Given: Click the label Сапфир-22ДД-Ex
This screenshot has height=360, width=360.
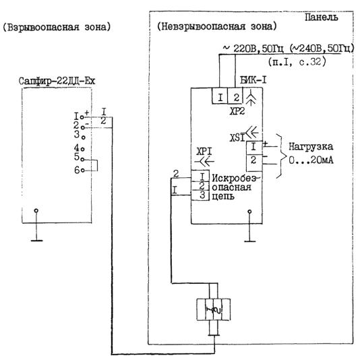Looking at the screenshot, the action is pyautogui.click(x=57, y=81).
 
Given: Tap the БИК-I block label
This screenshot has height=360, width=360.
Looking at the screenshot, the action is pyautogui.click(x=253, y=80).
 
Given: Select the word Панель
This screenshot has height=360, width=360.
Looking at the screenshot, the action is pyautogui.click(x=322, y=18).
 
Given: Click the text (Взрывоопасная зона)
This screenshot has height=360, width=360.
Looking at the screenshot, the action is pyautogui.click(x=57, y=27).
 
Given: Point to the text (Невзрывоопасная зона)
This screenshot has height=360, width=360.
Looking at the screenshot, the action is pyautogui.click(x=216, y=27).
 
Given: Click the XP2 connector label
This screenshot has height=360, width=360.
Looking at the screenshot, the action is pyautogui.click(x=237, y=111).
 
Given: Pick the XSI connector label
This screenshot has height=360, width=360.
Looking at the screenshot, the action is pyautogui.click(x=237, y=138).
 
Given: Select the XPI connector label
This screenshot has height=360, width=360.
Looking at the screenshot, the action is pyautogui.click(x=204, y=151).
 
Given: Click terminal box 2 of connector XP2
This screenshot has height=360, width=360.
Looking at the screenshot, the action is pyautogui.click(x=235, y=96).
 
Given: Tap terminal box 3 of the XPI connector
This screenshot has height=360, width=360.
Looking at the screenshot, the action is pyautogui.click(x=200, y=196).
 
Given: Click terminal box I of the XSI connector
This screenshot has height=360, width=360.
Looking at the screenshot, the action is pyautogui.click(x=254, y=148).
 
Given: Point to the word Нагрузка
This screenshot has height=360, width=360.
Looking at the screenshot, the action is pyautogui.click(x=311, y=147).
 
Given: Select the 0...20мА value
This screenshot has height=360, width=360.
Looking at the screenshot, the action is pyautogui.click(x=311, y=160).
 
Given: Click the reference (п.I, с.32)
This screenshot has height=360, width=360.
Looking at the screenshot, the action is pyautogui.click(x=297, y=62).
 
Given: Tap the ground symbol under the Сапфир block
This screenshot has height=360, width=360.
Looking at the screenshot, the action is pyautogui.click(x=36, y=225).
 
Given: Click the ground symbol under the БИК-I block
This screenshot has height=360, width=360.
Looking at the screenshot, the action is pyautogui.click(x=250, y=226).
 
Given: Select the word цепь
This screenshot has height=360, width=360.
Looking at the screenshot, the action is pyautogui.click(x=222, y=196).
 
